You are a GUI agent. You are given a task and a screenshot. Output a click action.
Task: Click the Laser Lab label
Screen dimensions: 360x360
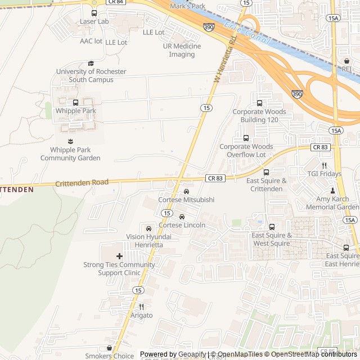94,21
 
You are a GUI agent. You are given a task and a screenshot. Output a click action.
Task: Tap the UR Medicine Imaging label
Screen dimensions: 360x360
182,50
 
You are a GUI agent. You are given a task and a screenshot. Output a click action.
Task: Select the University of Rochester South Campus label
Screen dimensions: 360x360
91,75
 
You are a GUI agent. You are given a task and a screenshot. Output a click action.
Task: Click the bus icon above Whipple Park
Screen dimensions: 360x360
75,102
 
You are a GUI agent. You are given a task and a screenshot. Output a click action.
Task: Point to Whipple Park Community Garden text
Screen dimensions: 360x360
70,154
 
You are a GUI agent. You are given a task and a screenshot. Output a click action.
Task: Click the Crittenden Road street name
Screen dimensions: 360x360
82,183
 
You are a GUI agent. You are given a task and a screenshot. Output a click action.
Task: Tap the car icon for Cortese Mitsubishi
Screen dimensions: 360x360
186,191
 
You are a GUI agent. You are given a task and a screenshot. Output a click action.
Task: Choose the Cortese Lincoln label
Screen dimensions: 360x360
182,225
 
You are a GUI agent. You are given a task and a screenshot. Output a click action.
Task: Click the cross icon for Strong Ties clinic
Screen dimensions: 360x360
119,256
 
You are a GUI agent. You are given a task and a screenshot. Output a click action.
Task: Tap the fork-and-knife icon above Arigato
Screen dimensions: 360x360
141,307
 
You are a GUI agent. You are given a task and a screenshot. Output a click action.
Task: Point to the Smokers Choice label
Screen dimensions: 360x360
109,355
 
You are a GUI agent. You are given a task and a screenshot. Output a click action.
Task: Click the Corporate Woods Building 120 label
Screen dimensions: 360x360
259,115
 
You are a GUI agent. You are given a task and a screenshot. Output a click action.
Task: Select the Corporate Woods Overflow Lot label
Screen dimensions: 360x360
246,150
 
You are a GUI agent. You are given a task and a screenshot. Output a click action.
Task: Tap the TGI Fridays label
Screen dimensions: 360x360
325,173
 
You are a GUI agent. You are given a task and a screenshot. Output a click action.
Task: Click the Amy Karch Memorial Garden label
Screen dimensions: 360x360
332,203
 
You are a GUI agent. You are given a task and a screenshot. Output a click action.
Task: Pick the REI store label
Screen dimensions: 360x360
346,69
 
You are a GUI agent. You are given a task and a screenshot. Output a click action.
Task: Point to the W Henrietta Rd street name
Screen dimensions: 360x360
225,58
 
